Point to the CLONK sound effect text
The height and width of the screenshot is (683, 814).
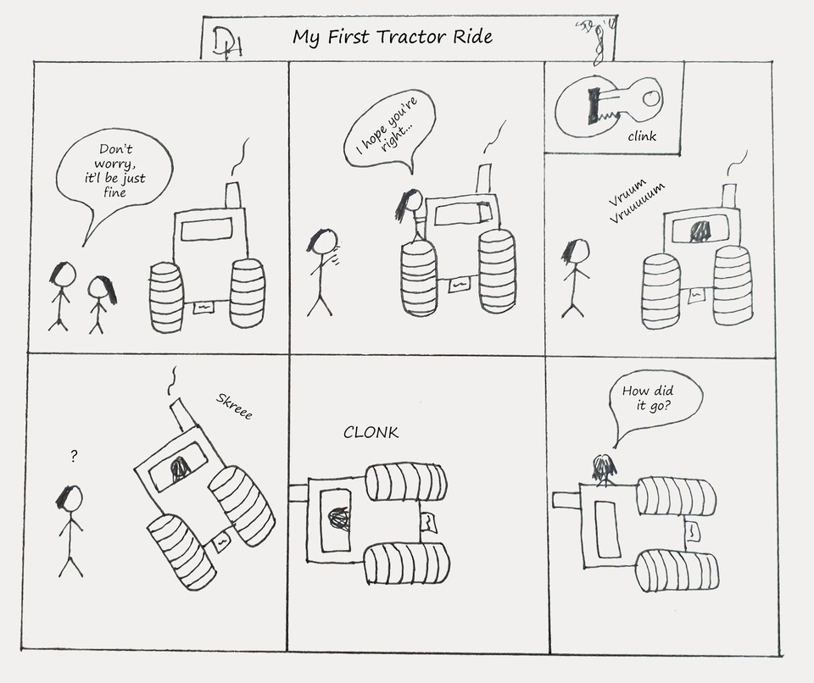coord(371,433)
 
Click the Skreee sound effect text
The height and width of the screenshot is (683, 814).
coord(234,407)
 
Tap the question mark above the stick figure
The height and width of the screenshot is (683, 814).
coord(75,457)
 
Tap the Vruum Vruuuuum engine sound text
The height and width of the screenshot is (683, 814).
coord(636,200)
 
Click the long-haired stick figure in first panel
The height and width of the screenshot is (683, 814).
coord(100,301)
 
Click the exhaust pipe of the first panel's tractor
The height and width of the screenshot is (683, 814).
coord(233,194)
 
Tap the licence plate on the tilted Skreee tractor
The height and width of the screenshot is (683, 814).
coord(222,540)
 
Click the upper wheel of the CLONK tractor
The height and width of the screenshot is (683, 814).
coord(406,481)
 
